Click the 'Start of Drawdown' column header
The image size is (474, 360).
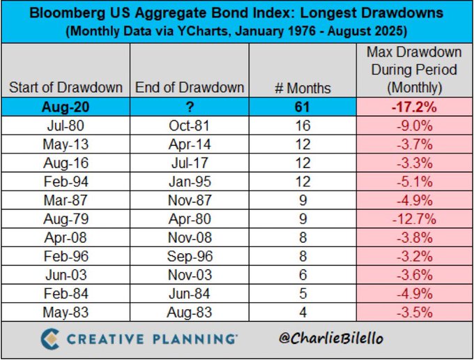tap(66, 88)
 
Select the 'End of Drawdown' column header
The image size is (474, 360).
tap(188, 88)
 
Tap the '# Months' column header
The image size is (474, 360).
tap(303, 88)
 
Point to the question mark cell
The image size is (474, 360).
tap(188, 107)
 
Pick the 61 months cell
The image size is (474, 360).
tap(303, 107)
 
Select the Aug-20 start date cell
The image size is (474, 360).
tap(66, 107)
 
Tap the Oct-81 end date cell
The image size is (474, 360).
tap(188, 126)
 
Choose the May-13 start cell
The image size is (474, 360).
tap(66, 144)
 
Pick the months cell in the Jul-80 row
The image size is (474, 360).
tap(303, 126)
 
